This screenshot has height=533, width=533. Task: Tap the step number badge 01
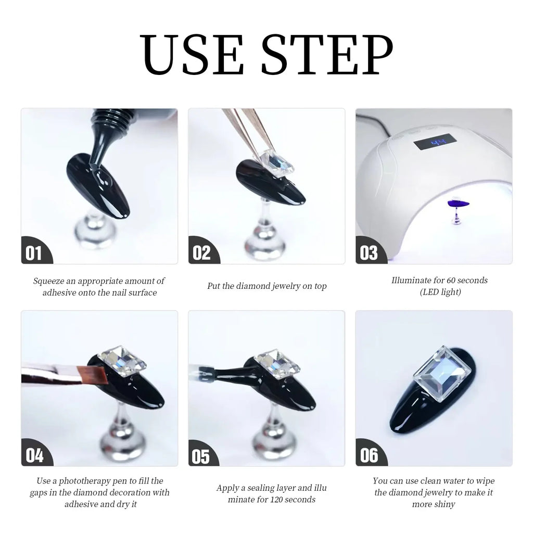pyautogui.click(x=34, y=253)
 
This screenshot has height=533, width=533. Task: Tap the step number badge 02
pyautogui.click(x=201, y=253)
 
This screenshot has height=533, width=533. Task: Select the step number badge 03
pyautogui.click(x=369, y=253)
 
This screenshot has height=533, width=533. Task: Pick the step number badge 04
pyautogui.click(x=34, y=455)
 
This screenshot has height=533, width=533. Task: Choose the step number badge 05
pyautogui.click(x=201, y=455)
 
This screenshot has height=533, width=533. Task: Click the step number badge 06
pyautogui.click(x=369, y=455)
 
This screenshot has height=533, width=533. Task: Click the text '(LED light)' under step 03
pyautogui.click(x=440, y=292)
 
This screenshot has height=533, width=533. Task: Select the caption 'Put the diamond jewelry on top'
pyautogui.click(x=266, y=286)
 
